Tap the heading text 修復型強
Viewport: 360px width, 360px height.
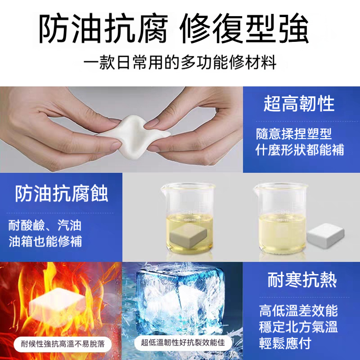pos(244,30)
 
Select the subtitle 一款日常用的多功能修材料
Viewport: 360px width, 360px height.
pos(180,62)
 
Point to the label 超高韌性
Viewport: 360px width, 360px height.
pos(299,104)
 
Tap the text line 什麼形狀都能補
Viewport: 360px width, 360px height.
pos(300,149)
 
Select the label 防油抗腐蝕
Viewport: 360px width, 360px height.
pos(62,194)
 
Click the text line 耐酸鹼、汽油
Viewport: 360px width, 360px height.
pos(45,225)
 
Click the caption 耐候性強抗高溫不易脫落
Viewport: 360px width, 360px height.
pos(59,344)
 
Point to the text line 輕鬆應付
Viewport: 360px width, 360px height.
pos(285,343)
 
